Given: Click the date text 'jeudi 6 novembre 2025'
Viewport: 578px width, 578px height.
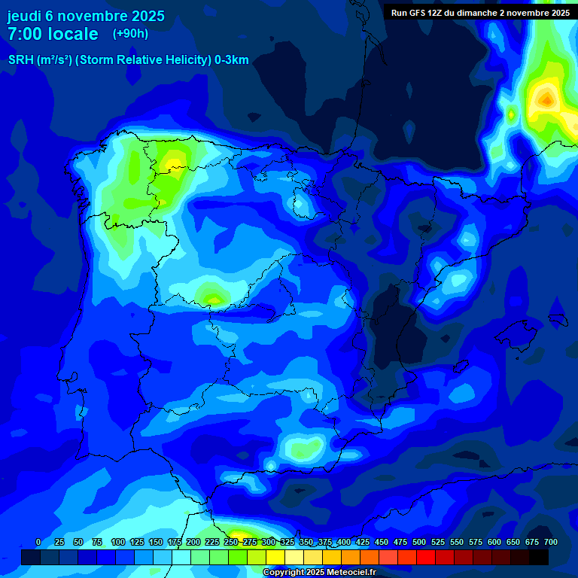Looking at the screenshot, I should point(86,16).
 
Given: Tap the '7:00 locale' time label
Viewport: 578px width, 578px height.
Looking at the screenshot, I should point(53,34).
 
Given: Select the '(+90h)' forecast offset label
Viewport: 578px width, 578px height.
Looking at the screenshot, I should point(130,34).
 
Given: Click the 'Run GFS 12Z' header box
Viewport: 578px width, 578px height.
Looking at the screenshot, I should point(479,13).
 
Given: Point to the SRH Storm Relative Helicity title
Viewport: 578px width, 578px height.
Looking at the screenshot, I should point(128,60).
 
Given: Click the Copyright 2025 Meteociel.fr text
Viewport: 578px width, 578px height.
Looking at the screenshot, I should point(318,573).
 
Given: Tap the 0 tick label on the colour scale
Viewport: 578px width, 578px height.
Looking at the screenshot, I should point(38,542).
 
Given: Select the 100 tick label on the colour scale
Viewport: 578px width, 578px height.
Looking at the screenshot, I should point(117,542).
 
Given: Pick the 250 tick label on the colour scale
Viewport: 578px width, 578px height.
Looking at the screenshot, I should point(231,542).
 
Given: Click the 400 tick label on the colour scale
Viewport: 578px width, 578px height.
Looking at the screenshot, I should point(344,542).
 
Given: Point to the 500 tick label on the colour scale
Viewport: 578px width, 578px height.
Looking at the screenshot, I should point(419,542).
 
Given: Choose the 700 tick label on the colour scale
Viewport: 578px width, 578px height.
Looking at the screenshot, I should point(550,542).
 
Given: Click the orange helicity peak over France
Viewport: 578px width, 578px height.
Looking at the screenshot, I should point(546,98).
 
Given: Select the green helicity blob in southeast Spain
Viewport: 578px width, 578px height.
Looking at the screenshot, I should point(305,449).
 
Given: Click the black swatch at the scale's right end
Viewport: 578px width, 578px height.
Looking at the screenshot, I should point(538,557).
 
